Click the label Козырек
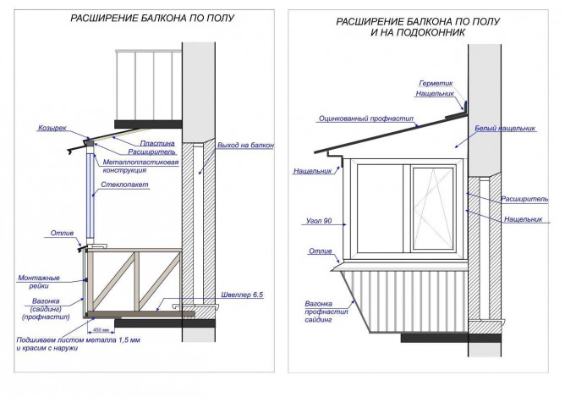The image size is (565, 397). tap(52, 129)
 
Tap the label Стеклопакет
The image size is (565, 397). tap(124, 185)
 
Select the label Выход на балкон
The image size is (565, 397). tap(245, 146)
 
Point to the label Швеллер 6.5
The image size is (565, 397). tap(242, 295)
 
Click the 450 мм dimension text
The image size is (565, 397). tap(101, 329)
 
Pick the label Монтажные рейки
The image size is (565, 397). tap(39, 282)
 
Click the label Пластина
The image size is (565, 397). tap(157, 144)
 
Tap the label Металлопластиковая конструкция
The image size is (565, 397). tap(140, 166)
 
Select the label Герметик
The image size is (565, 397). tap(436, 83)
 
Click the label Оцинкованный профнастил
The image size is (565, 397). tap(366, 119)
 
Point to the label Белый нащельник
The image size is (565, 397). tap(505, 129)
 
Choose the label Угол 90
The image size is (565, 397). tap(319, 221)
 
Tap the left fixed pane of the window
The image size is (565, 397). tap(380, 209)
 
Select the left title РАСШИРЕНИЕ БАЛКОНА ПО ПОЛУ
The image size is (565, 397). tap(152, 18)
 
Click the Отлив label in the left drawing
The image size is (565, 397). tap(62, 234)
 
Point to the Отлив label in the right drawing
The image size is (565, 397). tap(320, 251)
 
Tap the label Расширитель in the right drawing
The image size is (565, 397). tap(524, 199)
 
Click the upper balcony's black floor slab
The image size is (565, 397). tap(148, 124)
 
